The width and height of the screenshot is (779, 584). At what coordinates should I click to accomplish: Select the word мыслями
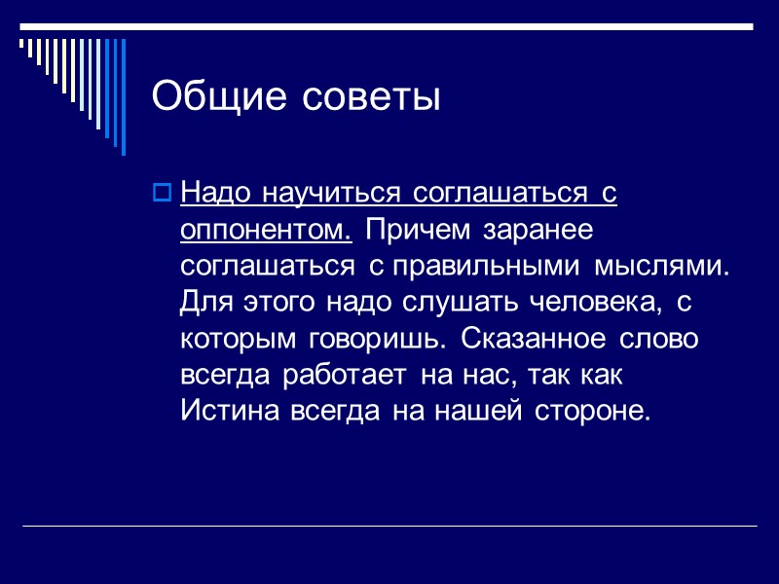click(671, 266)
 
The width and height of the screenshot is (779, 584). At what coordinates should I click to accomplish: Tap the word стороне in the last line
click(590, 411)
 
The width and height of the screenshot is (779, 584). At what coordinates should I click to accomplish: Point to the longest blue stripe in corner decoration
click(122, 96)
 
